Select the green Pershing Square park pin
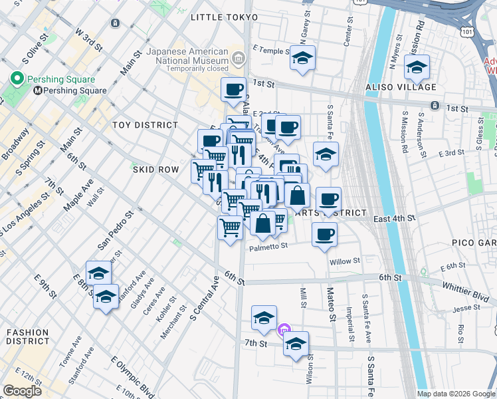click(17, 79)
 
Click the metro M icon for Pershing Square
click(38, 91)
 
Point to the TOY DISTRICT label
click(146, 125)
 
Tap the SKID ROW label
click(155, 170)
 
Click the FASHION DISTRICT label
click(28, 336)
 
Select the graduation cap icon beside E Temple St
click(302, 58)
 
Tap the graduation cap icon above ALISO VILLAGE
click(417, 67)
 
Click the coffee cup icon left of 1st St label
click(233, 89)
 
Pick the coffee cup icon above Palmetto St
click(324, 235)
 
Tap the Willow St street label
click(345, 261)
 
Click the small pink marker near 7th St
click(284, 329)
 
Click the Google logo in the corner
click(22, 390)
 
